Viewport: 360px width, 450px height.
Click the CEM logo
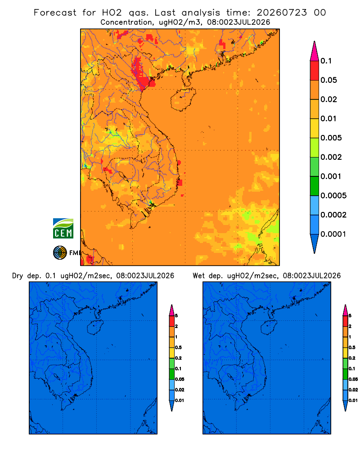point(63,229)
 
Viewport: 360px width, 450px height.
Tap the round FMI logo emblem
point(60,253)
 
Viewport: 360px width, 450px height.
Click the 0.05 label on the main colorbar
point(328,80)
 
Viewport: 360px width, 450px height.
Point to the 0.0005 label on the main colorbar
point(333,196)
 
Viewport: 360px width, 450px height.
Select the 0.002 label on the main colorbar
point(331,157)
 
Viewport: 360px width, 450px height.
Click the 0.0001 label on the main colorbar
point(333,234)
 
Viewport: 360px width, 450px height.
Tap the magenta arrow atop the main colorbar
point(315,51)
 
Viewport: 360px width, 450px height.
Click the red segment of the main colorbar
point(315,70)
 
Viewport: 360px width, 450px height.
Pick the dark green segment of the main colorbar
point(315,186)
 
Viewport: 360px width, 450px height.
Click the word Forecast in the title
point(55,13)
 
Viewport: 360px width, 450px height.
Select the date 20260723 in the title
point(282,13)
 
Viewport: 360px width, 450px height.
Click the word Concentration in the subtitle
point(126,22)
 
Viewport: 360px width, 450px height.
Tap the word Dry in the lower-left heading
point(18,276)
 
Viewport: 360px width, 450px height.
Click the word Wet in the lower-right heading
point(198,276)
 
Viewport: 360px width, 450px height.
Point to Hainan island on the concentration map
point(183,99)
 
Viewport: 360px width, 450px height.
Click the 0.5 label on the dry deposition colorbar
point(178,347)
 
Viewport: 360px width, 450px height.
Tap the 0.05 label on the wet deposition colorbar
point(353,379)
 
